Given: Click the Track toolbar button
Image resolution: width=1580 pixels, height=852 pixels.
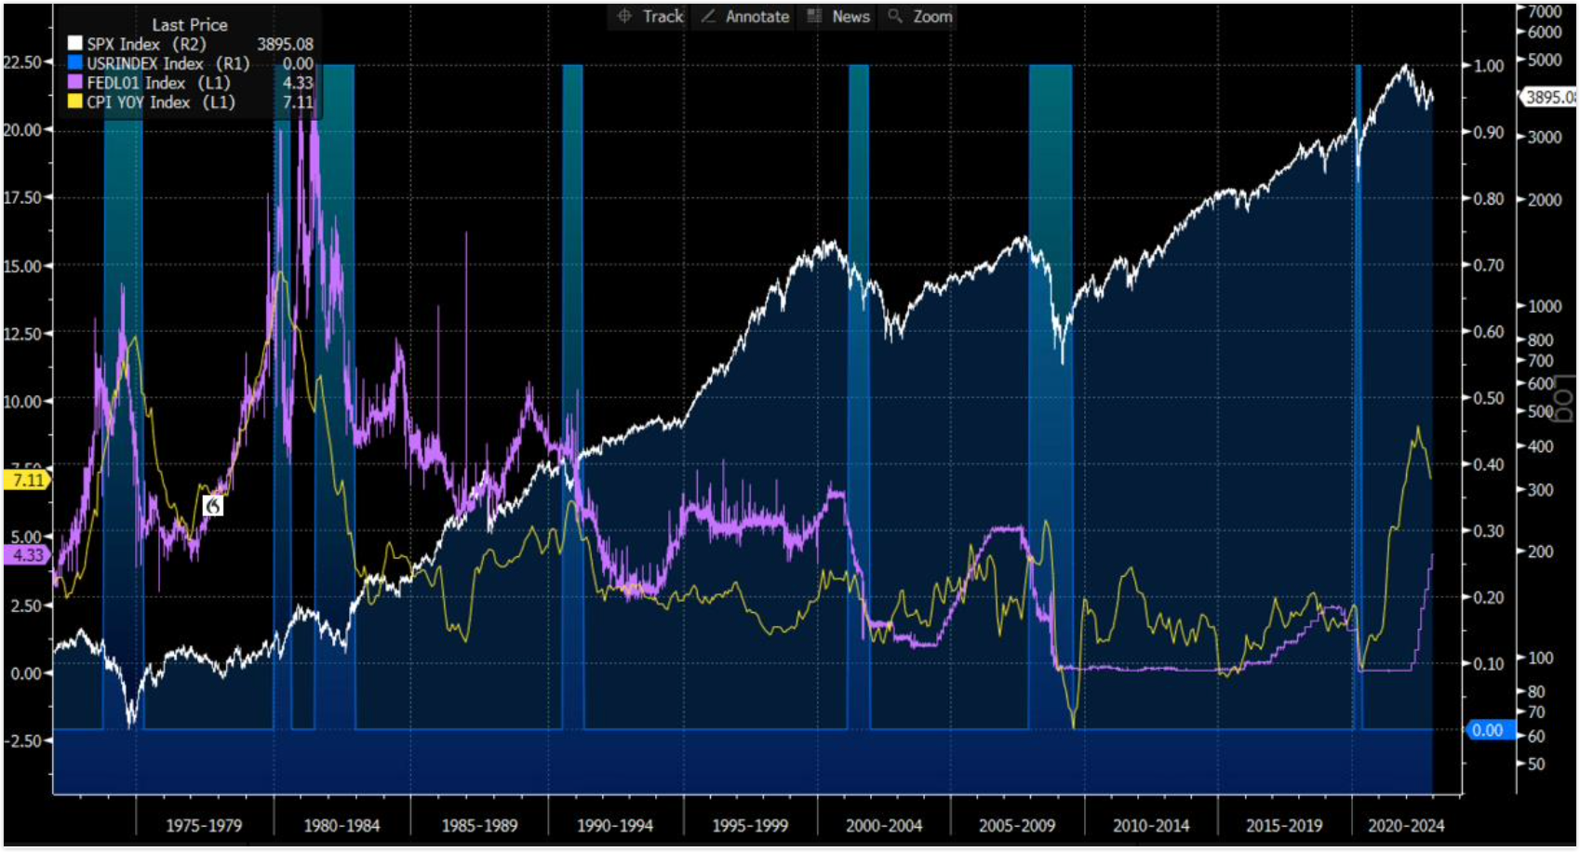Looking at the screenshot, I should pyautogui.click(x=650, y=17).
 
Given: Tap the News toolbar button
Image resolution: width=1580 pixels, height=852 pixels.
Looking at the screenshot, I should pyautogui.click(x=839, y=17).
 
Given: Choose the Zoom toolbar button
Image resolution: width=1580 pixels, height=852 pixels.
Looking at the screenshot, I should pyautogui.click(x=921, y=17).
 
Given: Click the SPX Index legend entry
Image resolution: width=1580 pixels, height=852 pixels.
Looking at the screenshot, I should pyautogui.click(x=136, y=44).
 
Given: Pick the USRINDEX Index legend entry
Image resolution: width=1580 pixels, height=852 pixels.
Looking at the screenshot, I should pyautogui.click(x=158, y=63).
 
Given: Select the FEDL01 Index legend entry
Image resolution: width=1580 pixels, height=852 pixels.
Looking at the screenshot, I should pyautogui.click(x=148, y=83).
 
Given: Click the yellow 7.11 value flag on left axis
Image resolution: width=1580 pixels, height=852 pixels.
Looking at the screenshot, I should pyautogui.click(x=26, y=480).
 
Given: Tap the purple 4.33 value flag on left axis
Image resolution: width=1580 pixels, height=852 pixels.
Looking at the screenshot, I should pyautogui.click(x=26, y=555).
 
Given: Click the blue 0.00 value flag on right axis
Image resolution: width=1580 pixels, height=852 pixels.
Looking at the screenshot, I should pyautogui.click(x=1487, y=730).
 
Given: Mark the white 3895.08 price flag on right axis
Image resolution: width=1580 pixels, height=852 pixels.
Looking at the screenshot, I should pyautogui.click(x=1548, y=97).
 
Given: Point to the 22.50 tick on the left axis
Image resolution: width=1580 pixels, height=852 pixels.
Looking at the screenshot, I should pyautogui.click(x=22, y=62).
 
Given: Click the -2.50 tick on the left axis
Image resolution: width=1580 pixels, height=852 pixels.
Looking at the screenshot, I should pyautogui.click(x=22, y=741).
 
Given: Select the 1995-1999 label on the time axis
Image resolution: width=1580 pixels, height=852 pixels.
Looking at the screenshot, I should pyautogui.click(x=750, y=825).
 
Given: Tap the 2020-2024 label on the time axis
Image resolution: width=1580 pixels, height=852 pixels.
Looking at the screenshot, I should pyautogui.click(x=1405, y=825).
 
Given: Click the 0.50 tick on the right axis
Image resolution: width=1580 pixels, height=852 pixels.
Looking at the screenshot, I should pyautogui.click(x=1489, y=398).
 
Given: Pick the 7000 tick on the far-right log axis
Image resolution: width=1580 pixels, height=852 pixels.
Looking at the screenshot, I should pyautogui.click(x=1544, y=11).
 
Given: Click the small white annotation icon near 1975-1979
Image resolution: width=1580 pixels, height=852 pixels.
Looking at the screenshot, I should pyautogui.click(x=213, y=505).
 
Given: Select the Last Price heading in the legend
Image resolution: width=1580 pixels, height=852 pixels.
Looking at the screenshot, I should pyautogui.click(x=190, y=25).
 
